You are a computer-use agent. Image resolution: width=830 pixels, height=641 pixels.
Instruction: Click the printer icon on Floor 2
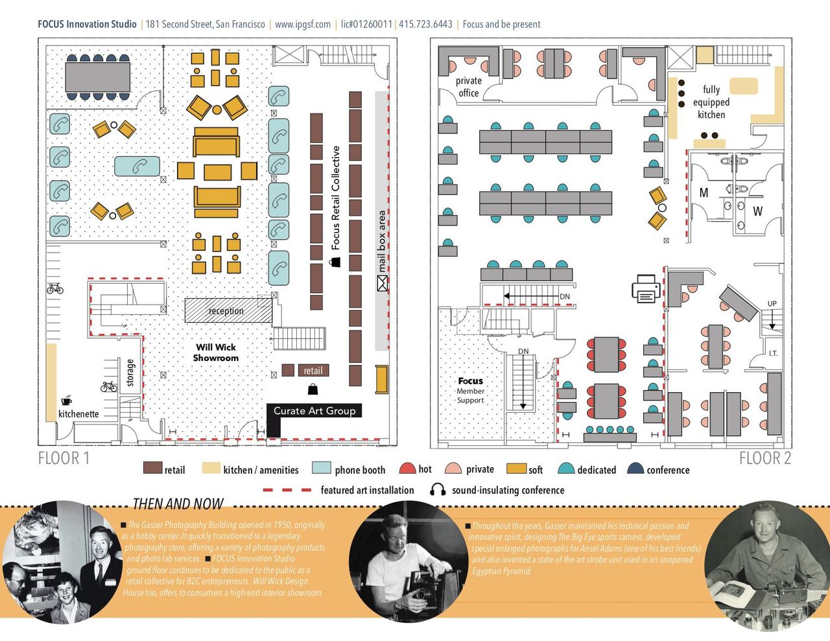point(646,289)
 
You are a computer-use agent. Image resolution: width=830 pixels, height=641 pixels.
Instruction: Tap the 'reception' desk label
point(226,311)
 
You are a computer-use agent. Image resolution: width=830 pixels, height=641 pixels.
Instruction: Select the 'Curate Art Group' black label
point(314,410)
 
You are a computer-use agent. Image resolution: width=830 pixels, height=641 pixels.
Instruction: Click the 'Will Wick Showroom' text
point(216,353)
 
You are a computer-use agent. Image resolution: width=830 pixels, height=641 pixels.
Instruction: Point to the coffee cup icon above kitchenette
point(66,401)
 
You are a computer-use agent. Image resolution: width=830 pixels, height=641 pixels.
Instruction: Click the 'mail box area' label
point(382,240)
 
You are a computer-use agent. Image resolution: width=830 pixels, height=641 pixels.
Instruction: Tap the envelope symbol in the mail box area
point(382,283)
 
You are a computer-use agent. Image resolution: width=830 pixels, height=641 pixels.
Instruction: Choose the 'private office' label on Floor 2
point(468,87)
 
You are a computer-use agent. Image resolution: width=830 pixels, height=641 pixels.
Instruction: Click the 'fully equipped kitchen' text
point(711,102)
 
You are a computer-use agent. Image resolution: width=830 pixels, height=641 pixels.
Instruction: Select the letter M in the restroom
point(704,192)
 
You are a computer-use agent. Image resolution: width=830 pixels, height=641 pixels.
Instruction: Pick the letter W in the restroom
point(757,211)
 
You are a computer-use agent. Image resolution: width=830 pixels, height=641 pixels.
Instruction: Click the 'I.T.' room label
point(773,353)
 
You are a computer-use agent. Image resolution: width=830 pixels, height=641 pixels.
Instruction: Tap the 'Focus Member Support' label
point(470,390)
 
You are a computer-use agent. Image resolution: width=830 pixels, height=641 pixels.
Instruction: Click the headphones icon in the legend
point(438,490)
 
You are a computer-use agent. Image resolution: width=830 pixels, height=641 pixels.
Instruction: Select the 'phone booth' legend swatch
point(321,469)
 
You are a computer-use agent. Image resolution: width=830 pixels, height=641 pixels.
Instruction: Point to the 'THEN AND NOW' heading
point(178,504)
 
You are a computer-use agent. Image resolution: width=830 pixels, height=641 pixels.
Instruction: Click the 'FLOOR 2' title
point(765,458)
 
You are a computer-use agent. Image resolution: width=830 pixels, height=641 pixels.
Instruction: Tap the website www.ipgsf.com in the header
point(303,25)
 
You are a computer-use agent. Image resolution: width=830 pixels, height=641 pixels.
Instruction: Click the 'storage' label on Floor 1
point(130,373)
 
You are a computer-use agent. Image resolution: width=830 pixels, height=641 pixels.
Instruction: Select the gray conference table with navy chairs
point(97,76)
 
